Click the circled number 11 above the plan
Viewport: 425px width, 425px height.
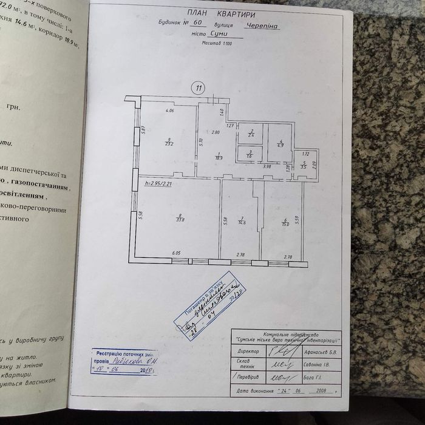198,87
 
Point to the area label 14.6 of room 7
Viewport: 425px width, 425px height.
241,222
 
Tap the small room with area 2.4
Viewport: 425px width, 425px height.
250,134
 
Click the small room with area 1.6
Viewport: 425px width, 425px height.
250,154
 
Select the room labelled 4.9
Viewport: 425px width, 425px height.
280,144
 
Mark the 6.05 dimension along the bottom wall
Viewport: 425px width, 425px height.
177,253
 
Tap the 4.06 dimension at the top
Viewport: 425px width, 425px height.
170,110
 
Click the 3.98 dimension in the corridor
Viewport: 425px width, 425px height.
267,166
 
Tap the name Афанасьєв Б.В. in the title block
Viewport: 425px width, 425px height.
322,352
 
